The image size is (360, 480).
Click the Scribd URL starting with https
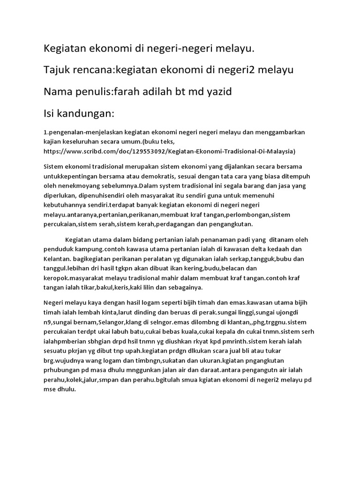[x=169, y=151]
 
